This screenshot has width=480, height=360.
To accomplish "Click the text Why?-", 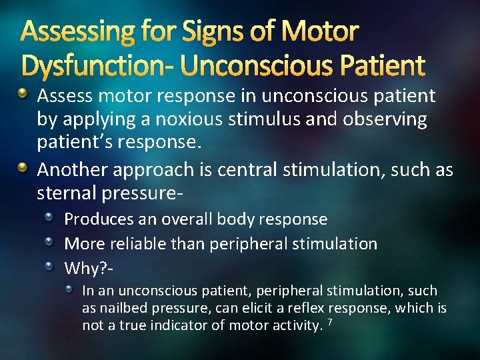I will [x=87, y=269].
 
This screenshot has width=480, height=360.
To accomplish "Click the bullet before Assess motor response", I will [x=23, y=93].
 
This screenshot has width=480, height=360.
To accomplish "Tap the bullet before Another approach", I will [x=23, y=167].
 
